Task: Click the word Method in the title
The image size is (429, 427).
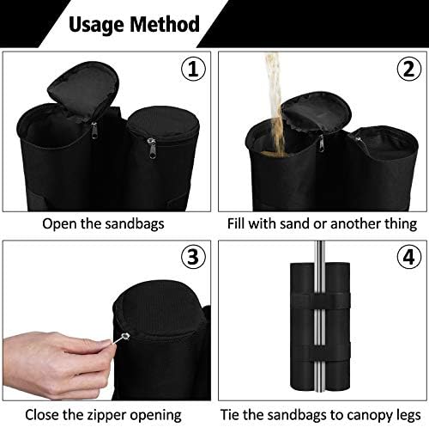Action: [165, 24]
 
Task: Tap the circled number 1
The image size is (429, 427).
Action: [193, 70]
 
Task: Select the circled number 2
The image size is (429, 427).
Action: [409, 70]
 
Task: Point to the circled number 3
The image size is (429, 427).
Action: [193, 257]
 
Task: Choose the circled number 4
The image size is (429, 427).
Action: [409, 257]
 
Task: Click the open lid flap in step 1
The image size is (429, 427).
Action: [83, 88]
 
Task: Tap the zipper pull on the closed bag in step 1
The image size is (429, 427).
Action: [152, 148]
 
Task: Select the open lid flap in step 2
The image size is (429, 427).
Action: [316, 113]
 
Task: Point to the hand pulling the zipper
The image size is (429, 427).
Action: [57, 363]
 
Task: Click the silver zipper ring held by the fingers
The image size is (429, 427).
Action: [125, 336]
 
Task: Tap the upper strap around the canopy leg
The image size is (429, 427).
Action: [320, 301]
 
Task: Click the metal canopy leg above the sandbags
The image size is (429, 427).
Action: [320, 252]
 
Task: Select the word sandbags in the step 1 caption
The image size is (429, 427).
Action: [135, 224]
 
